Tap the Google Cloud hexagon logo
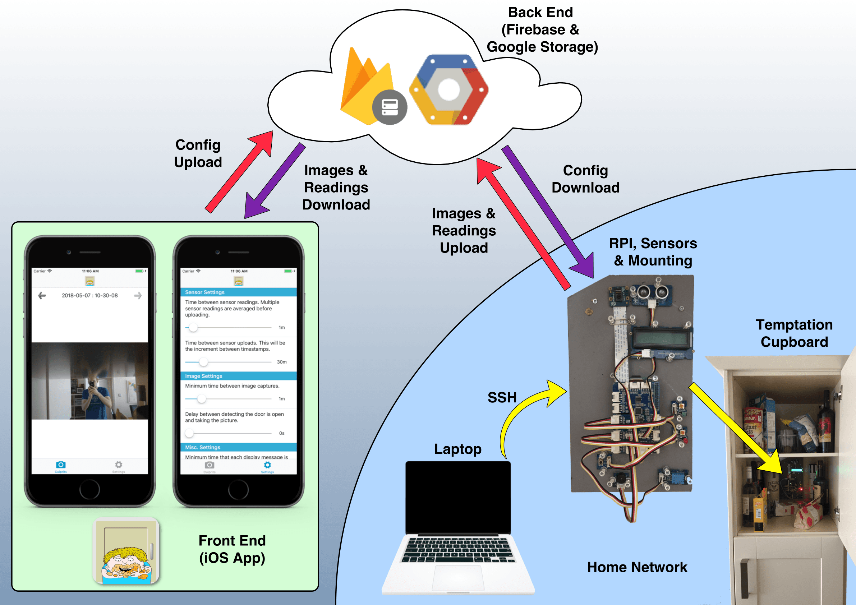449,90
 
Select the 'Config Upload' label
198,153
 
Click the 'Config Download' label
585,179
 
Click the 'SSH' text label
502,397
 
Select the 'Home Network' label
637,567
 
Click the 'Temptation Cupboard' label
794,333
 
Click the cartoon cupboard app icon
126,551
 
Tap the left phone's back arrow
42,296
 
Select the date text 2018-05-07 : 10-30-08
90,296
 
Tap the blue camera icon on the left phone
61,465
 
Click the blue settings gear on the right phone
267,465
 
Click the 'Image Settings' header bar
239,376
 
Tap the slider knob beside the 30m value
203,361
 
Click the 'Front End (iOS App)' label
232,549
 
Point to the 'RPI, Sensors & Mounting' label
653,251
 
